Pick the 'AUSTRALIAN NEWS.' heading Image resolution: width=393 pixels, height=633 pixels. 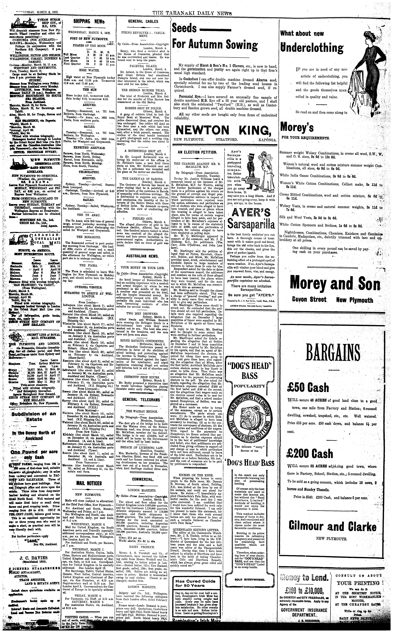[143, 256]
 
